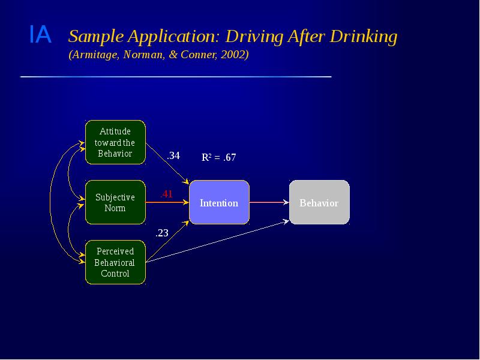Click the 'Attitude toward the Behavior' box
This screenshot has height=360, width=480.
click(x=115, y=142)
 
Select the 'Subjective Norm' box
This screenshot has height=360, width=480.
click(x=115, y=202)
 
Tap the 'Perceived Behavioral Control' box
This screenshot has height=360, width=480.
click(x=115, y=262)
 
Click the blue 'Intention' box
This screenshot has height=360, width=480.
click(x=219, y=203)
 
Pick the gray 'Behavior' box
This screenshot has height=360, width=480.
click(x=319, y=203)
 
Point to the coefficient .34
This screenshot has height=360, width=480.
click(x=173, y=155)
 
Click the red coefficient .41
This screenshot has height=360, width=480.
click(x=166, y=194)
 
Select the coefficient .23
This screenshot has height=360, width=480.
click(x=162, y=233)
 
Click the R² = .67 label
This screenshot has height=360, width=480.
click(x=218, y=158)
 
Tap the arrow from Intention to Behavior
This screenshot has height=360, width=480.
click(x=269, y=203)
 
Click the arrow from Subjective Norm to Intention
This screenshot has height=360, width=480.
click(x=167, y=203)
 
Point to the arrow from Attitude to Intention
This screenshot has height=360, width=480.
click(x=168, y=163)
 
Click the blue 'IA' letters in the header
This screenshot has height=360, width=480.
click(x=40, y=36)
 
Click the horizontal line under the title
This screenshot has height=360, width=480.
click(x=175, y=77)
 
